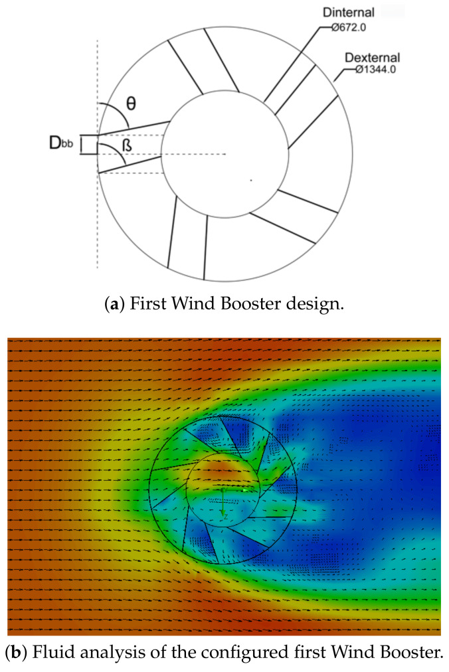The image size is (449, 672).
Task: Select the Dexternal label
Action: (x=370, y=56)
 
